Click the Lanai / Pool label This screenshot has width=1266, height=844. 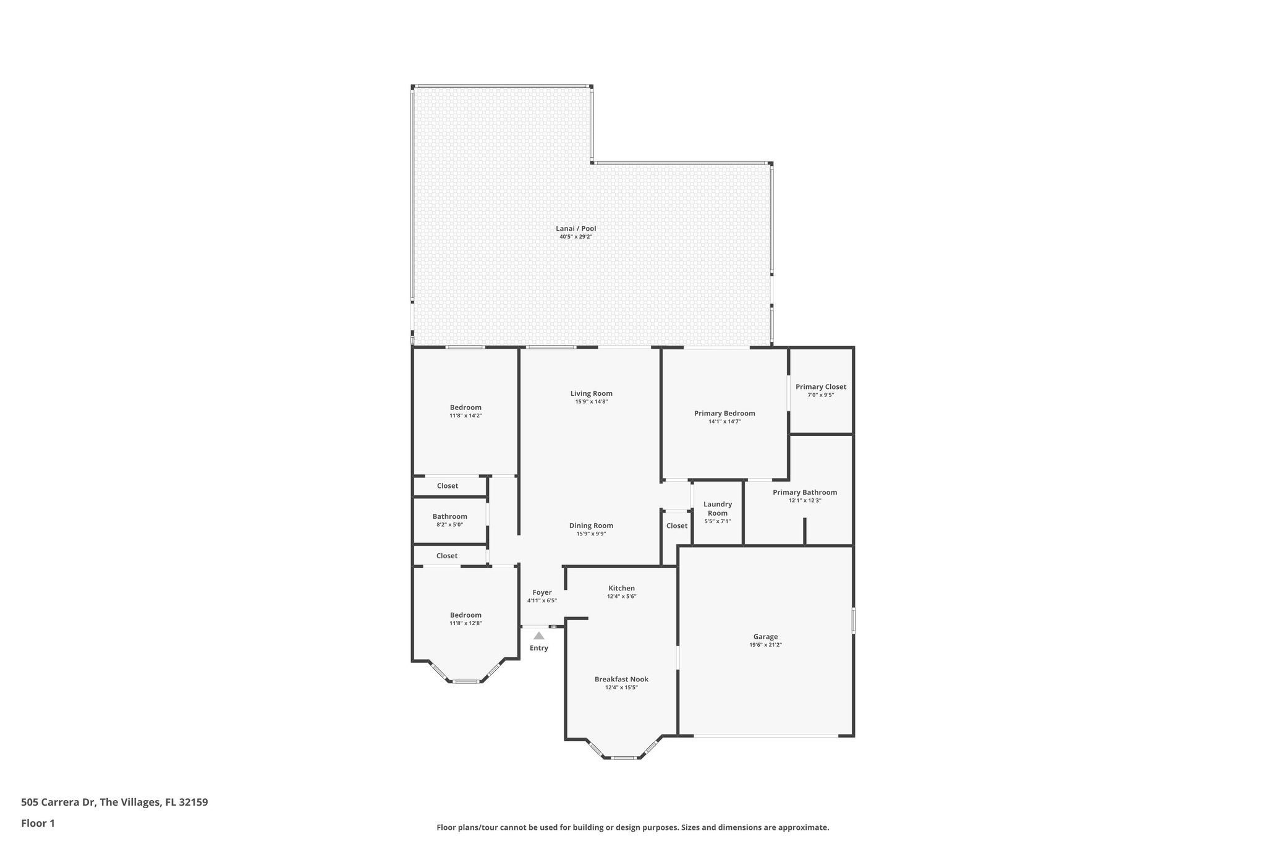click(x=576, y=228)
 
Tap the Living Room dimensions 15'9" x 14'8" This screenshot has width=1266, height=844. click(x=592, y=402)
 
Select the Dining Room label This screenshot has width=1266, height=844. click(x=591, y=526)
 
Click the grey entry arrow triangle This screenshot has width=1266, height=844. click(x=539, y=636)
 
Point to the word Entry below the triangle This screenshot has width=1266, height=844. click(x=538, y=648)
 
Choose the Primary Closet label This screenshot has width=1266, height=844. click(x=820, y=386)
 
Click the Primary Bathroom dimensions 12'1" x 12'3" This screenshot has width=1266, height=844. click(x=804, y=501)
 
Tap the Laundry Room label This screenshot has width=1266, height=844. click(x=717, y=508)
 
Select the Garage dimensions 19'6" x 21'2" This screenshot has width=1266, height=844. click(x=765, y=645)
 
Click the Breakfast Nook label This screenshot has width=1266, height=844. click(x=621, y=679)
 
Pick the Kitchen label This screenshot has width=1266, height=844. click(x=621, y=588)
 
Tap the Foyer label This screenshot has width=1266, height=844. click(x=542, y=592)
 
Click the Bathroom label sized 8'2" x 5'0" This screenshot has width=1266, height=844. click(x=449, y=516)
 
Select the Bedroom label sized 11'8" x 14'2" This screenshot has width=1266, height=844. click(x=465, y=407)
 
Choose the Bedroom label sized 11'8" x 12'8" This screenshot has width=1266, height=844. click(x=465, y=615)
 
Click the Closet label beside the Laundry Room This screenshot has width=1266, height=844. click(x=676, y=526)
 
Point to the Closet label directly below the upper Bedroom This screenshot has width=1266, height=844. click(x=447, y=485)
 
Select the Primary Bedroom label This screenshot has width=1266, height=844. click(x=724, y=413)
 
